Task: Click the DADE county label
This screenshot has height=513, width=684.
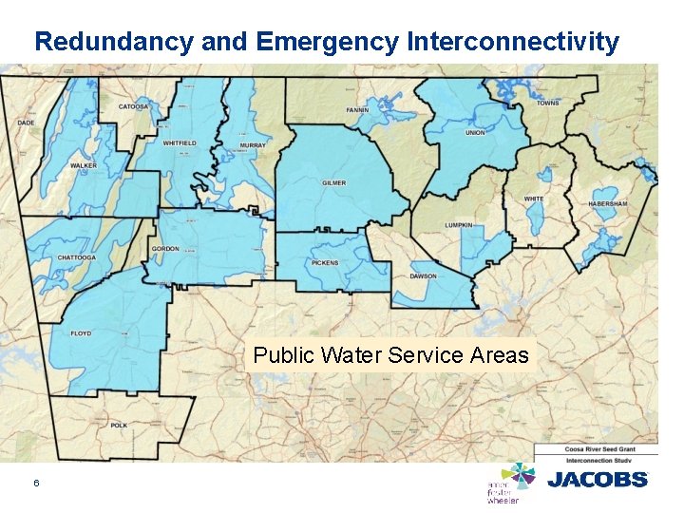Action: coord(26,123)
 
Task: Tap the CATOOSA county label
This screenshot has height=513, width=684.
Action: coord(133,107)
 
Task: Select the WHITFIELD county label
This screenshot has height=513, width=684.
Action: coord(180,143)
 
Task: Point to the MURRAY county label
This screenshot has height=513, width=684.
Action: coord(253,145)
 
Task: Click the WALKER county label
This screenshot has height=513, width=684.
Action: coord(83,165)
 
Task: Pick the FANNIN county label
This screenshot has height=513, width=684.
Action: coord(357,110)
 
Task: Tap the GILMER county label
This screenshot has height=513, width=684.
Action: coord(333,182)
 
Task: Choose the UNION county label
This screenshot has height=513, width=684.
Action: coord(475,133)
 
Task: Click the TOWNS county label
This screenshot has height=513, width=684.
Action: coord(547,103)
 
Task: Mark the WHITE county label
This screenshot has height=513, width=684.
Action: coord(534,199)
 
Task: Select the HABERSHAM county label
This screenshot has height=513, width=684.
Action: coord(608,203)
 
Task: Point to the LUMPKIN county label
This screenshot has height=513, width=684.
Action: coord(459,225)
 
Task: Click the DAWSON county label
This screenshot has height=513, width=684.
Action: coord(424,276)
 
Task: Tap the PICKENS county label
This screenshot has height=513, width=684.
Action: coord(323,263)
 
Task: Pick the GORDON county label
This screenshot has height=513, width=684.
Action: coord(164,249)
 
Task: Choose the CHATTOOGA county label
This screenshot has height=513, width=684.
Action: coord(77,257)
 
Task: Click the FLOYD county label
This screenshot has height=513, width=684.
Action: coord(81,333)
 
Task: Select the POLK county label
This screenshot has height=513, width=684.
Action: coord(118,425)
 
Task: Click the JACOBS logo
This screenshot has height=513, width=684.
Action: coord(598,480)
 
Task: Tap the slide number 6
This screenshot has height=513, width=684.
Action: coord(36,484)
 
